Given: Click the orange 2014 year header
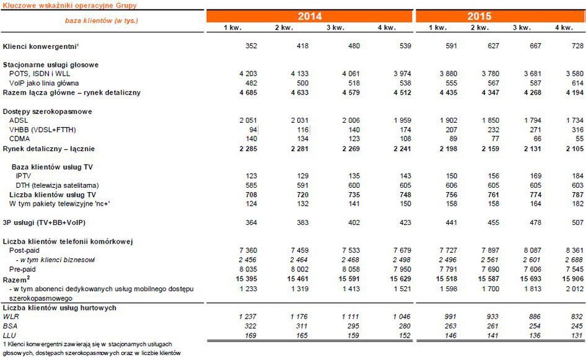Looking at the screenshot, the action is [310, 17].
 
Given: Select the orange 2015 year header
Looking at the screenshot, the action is [501, 17].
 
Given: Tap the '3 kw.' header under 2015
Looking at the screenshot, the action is [522, 28].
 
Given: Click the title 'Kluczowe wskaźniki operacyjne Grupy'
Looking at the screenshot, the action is [69, 5].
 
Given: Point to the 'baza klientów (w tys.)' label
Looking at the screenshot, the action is [101, 20].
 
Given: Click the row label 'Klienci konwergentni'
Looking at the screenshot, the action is [40, 46].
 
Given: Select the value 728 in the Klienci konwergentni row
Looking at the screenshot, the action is [577, 46].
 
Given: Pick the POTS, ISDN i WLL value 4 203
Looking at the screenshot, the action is [248, 74].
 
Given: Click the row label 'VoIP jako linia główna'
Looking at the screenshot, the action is [44, 83].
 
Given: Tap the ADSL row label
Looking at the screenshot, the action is [19, 120].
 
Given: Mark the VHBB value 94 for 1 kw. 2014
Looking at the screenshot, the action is [253, 130].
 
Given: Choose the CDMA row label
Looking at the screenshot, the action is [19, 139].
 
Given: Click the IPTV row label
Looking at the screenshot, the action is [23, 176].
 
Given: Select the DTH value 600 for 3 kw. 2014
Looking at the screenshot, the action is [354, 185].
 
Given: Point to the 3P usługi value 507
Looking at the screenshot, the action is [577, 222].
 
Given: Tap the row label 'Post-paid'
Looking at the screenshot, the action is [24, 250].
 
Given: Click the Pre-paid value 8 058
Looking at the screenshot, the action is [351, 269].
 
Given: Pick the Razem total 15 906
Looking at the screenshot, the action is [573, 279].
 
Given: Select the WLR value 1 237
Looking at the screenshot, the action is [247, 317].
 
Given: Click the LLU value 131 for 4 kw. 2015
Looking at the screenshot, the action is [577, 335].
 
